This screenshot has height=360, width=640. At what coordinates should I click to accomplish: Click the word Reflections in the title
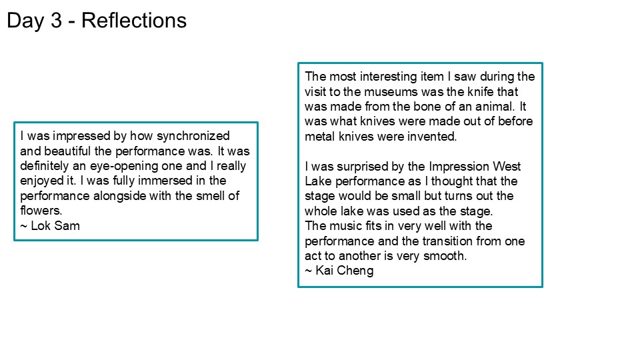pos(134,21)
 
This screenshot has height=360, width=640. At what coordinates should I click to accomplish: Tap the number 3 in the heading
pos(56,21)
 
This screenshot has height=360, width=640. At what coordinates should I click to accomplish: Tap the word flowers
pos(41,211)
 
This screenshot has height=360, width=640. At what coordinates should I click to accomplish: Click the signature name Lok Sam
pos(55,226)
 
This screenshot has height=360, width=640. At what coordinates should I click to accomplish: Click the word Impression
pos(459,167)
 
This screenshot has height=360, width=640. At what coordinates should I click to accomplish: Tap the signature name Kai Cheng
pos(345,271)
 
